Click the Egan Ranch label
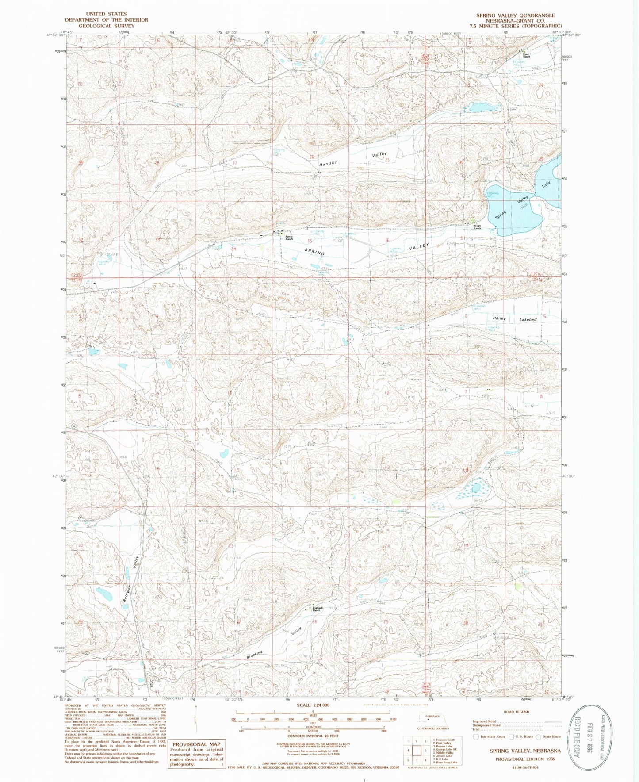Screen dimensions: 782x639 (526, 56)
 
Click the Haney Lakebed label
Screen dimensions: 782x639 (515, 319)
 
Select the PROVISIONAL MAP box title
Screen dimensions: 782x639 (196, 744)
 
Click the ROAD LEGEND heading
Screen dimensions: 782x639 (516, 712)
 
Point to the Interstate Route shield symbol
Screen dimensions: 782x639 (476, 737)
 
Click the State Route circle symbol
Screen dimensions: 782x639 (538, 737)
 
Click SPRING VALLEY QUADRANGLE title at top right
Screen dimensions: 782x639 (515, 15)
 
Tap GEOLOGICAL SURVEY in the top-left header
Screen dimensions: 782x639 (106, 26)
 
